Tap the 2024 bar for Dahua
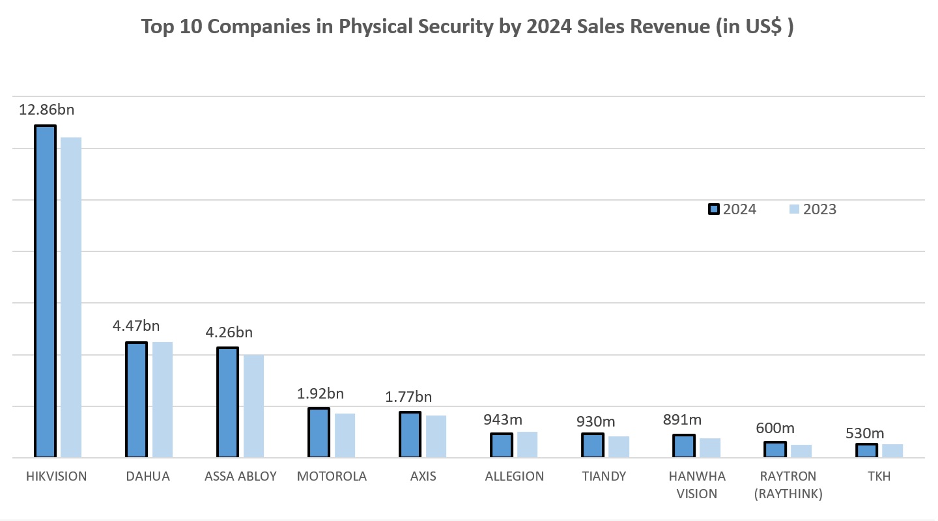(x=137, y=400)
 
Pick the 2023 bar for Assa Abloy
(x=253, y=406)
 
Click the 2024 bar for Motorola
(x=319, y=433)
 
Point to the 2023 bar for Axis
(x=436, y=436)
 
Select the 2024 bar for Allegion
(x=502, y=445)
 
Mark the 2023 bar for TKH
(x=892, y=451)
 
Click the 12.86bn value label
(x=46, y=109)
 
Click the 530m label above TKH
(x=865, y=433)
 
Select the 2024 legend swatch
(x=713, y=209)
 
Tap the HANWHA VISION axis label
(x=697, y=485)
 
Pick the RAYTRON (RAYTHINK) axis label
(x=788, y=485)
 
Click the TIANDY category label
(x=604, y=476)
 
